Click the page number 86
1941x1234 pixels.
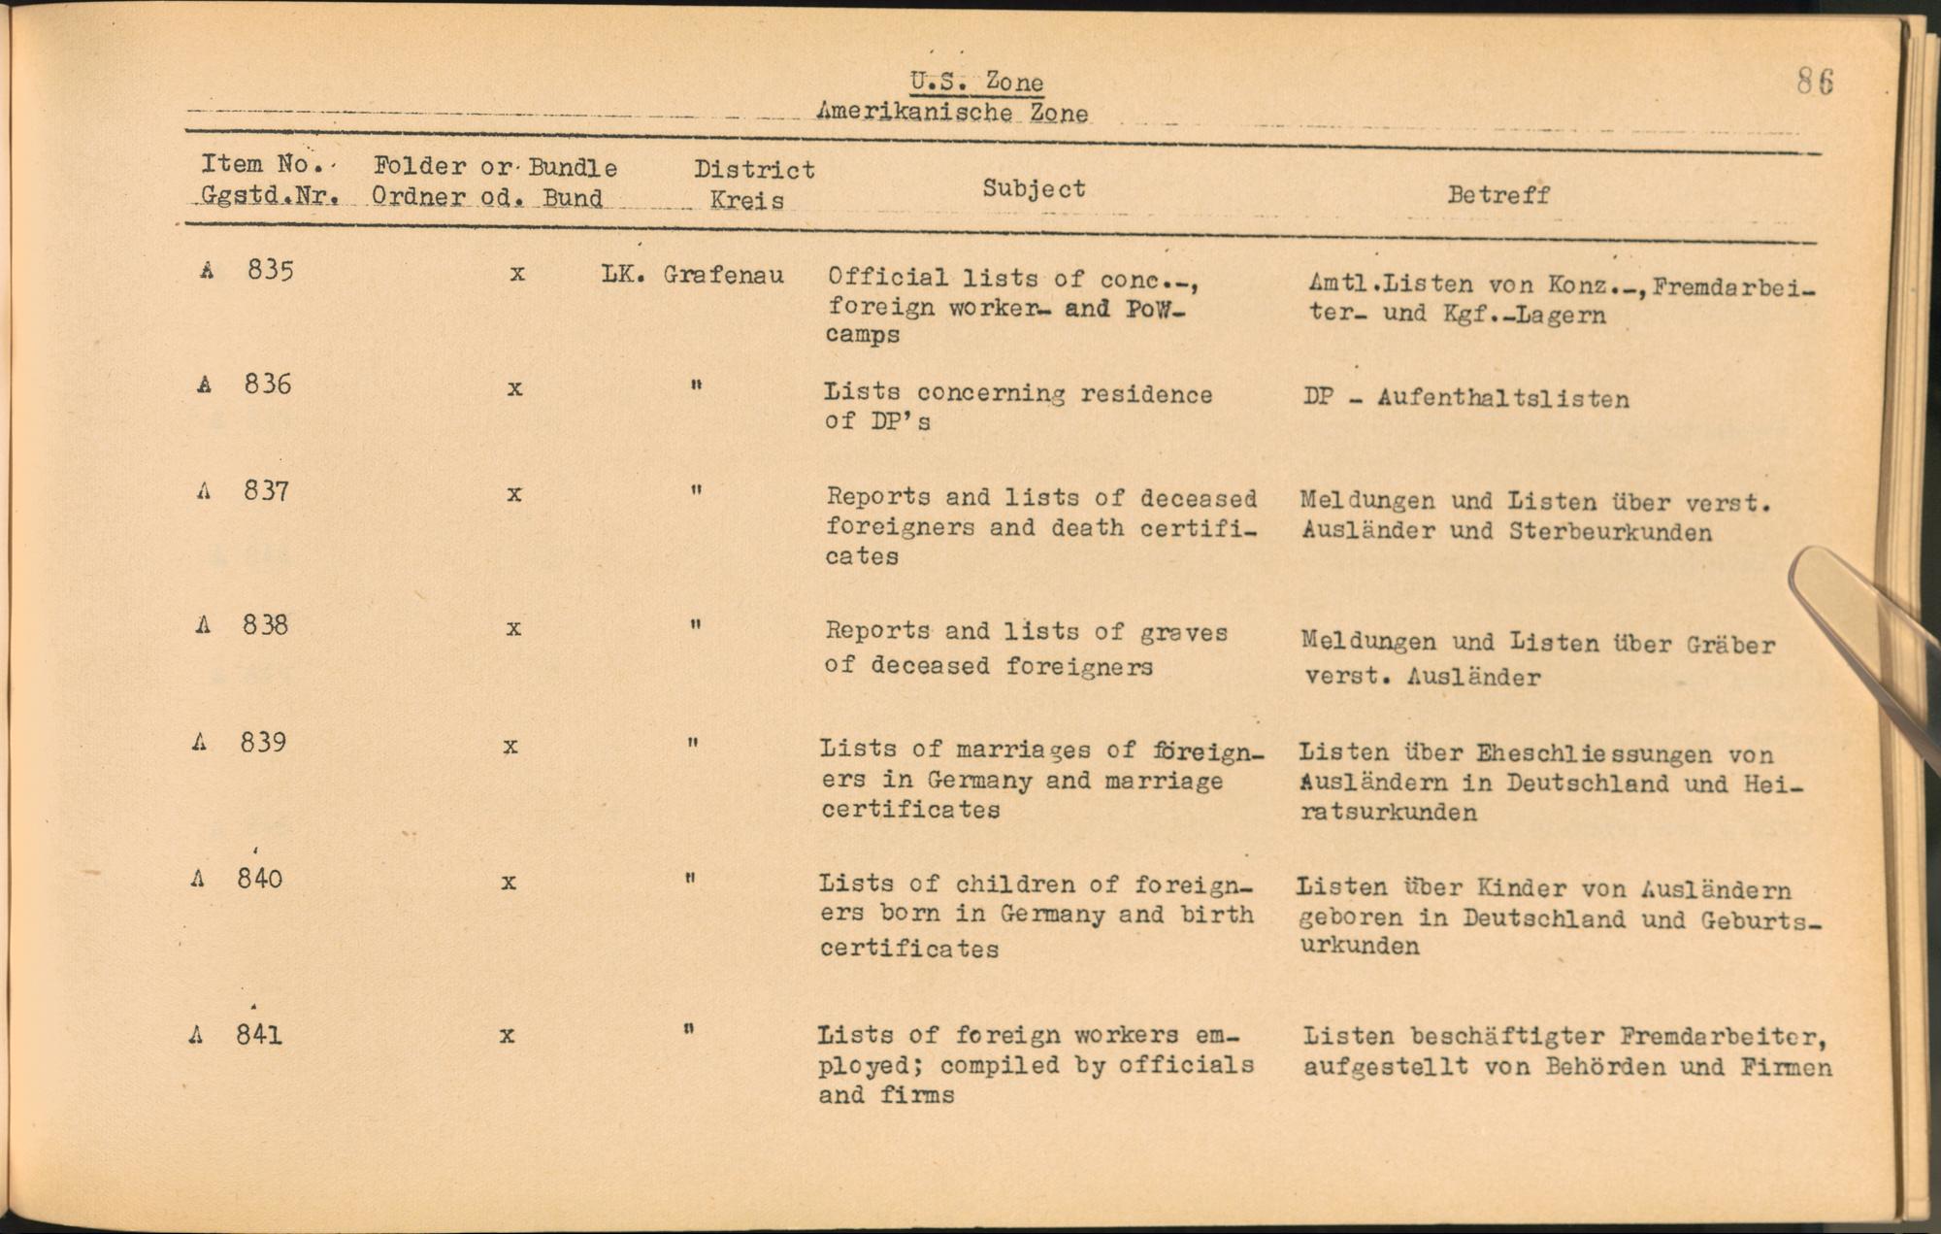(x=1814, y=82)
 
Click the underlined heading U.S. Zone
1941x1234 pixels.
(x=976, y=82)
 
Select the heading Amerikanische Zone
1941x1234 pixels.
(x=952, y=113)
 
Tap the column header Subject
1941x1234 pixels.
(x=1034, y=188)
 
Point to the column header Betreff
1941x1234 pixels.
(x=1497, y=194)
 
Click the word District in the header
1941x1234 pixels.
(x=754, y=170)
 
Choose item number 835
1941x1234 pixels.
(x=270, y=270)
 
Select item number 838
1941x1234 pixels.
(x=266, y=624)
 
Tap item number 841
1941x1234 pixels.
(x=259, y=1035)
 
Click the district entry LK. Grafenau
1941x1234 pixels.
(x=692, y=275)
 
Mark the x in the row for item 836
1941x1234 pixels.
(x=514, y=388)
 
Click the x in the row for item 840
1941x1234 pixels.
(x=508, y=883)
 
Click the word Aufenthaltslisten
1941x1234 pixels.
(x=1502, y=399)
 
